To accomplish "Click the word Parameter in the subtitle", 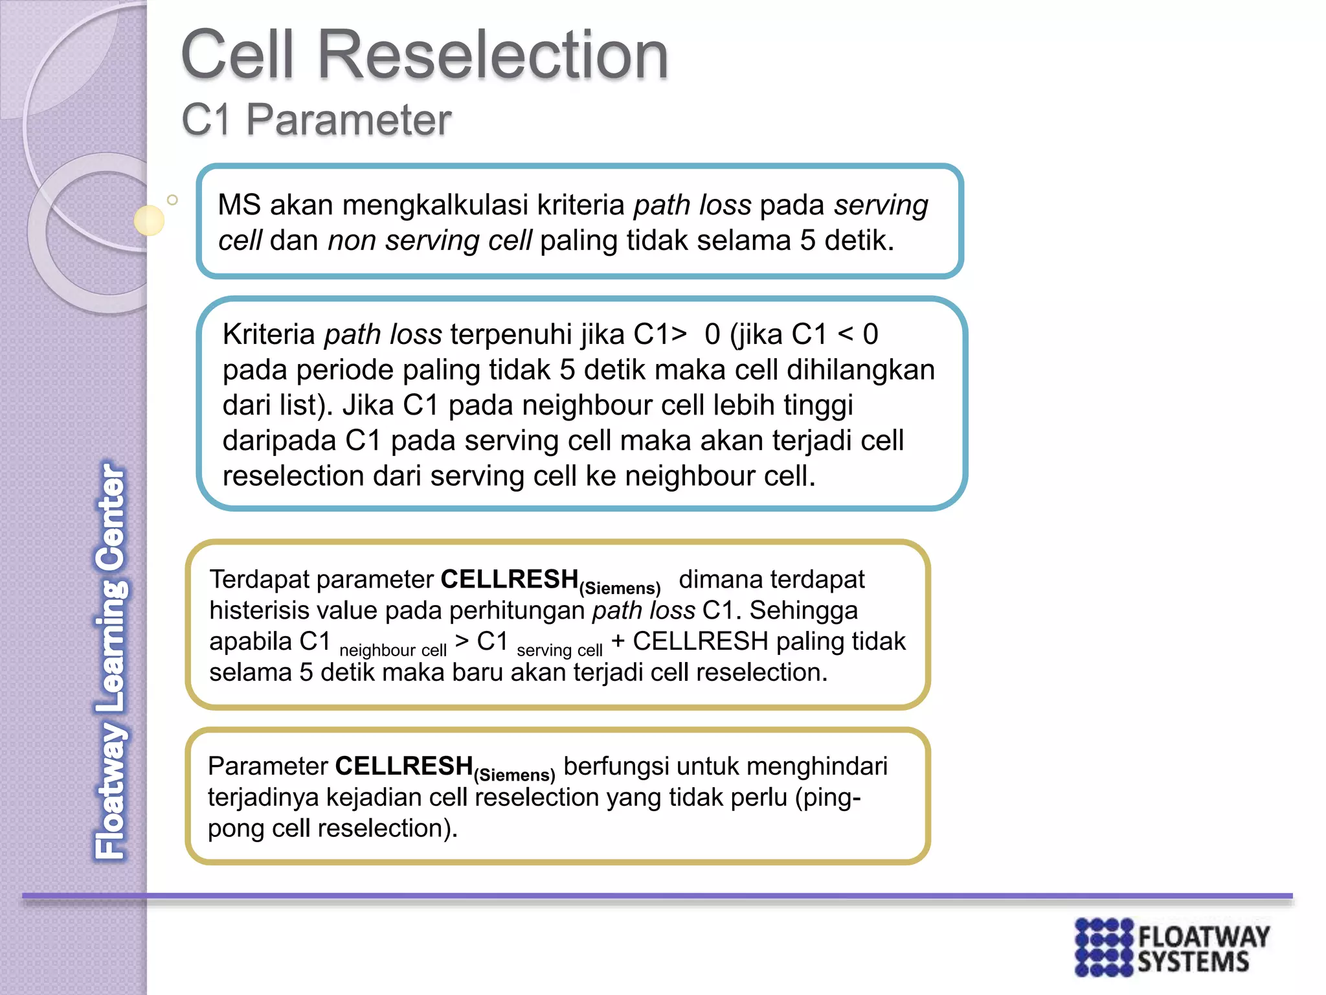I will (x=348, y=120).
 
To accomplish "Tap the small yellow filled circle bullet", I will (x=149, y=220).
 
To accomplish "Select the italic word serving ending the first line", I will (x=881, y=205).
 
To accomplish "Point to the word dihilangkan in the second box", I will (x=860, y=370).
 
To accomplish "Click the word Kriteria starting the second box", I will (x=269, y=335).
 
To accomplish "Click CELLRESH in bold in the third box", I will (x=509, y=579).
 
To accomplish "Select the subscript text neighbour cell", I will (x=392, y=650).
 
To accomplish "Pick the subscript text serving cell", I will (x=559, y=650).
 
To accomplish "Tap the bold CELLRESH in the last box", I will (x=404, y=766).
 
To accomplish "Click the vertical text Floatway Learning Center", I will (x=111, y=661).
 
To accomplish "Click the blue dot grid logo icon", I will (x=1104, y=947).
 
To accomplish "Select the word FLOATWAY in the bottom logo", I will (x=1203, y=937).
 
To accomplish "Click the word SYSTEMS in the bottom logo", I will (x=1193, y=963).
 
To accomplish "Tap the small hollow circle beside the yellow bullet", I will (x=172, y=200).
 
